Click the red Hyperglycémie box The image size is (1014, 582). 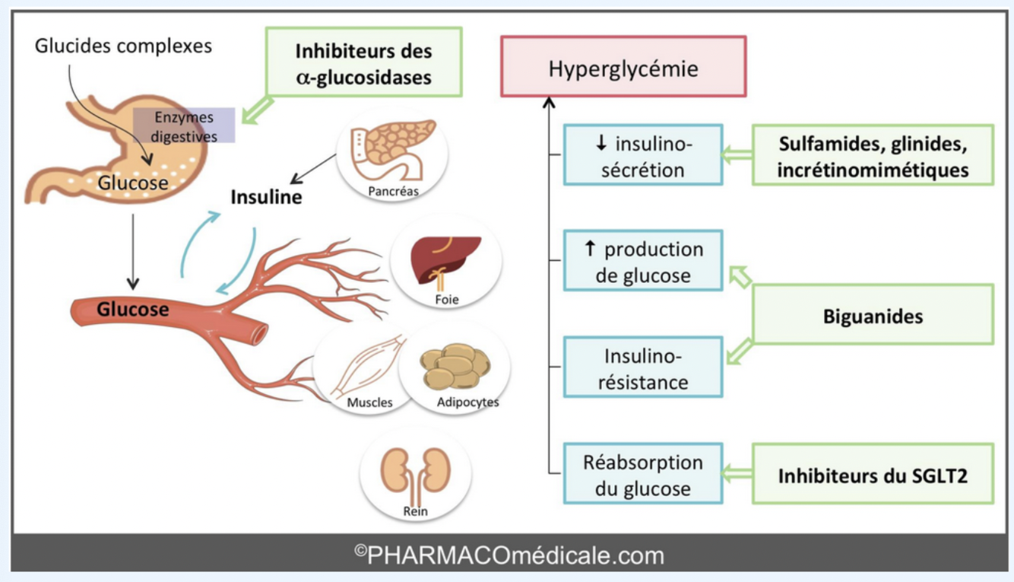(x=623, y=66)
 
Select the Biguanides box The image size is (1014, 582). (x=873, y=315)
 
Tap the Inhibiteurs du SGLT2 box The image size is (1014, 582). (x=873, y=475)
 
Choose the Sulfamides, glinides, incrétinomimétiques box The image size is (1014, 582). (x=873, y=155)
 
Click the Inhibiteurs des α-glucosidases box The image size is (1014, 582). (x=363, y=63)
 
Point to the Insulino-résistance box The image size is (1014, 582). (x=642, y=368)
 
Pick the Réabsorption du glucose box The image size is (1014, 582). (x=642, y=475)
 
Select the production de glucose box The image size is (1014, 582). (x=642, y=262)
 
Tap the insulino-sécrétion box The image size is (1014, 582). (x=642, y=155)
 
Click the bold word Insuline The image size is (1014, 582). (x=266, y=199)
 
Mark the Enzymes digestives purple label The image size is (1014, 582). (x=184, y=126)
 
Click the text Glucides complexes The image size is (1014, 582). (x=123, y=46)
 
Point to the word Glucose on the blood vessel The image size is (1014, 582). (x=132, y=310)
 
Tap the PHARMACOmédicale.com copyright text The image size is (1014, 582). (x=509, y=555)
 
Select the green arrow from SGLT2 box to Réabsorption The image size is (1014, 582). (x=737, y=475)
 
